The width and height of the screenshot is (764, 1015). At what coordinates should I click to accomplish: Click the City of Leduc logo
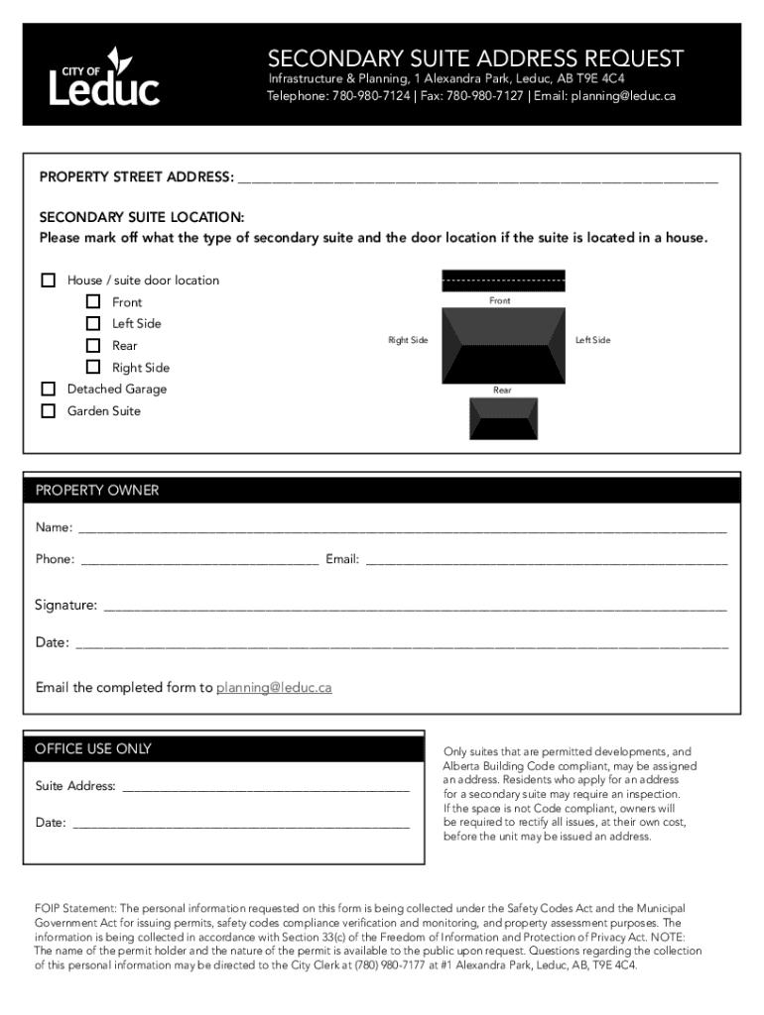(104, 76)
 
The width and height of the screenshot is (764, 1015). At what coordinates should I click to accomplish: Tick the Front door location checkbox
(93, 301)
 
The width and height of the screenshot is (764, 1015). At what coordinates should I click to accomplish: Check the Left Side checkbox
(93, 323)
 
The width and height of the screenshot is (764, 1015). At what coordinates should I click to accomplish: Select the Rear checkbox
(93, 345)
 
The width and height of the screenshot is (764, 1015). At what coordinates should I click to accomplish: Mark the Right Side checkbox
(93, 367)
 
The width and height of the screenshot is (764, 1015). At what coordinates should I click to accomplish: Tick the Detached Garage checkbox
(48, 389)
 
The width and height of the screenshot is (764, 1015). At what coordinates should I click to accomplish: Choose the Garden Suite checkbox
(48, 410)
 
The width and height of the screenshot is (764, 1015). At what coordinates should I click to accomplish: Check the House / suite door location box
(48, 280)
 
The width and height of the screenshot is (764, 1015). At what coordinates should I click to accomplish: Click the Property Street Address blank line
(476, 179)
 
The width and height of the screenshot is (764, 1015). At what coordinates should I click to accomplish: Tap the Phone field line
(199, 561)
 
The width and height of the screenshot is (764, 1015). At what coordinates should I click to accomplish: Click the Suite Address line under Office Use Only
(264, 788)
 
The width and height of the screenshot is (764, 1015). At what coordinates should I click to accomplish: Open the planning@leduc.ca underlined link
(274, 687)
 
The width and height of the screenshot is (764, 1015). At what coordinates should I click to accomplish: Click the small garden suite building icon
(503, 418)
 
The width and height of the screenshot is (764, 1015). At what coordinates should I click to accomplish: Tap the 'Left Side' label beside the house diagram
(592, 340)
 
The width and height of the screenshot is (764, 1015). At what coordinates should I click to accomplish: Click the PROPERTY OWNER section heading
(97, 491)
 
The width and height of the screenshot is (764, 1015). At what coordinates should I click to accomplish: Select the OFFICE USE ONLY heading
(93, 749)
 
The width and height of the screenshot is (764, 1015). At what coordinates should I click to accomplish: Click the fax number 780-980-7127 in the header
(485, 96)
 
